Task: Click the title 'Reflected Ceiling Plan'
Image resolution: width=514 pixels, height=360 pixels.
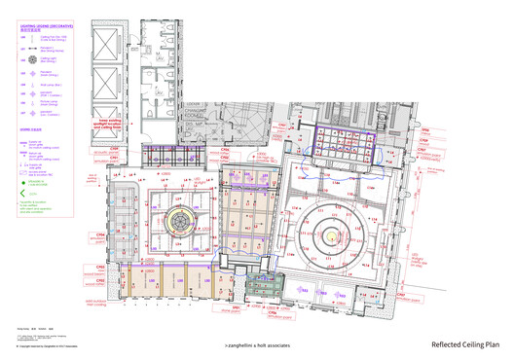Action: point(465,344)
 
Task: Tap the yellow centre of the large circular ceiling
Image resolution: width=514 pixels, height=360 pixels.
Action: point(334,234)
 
